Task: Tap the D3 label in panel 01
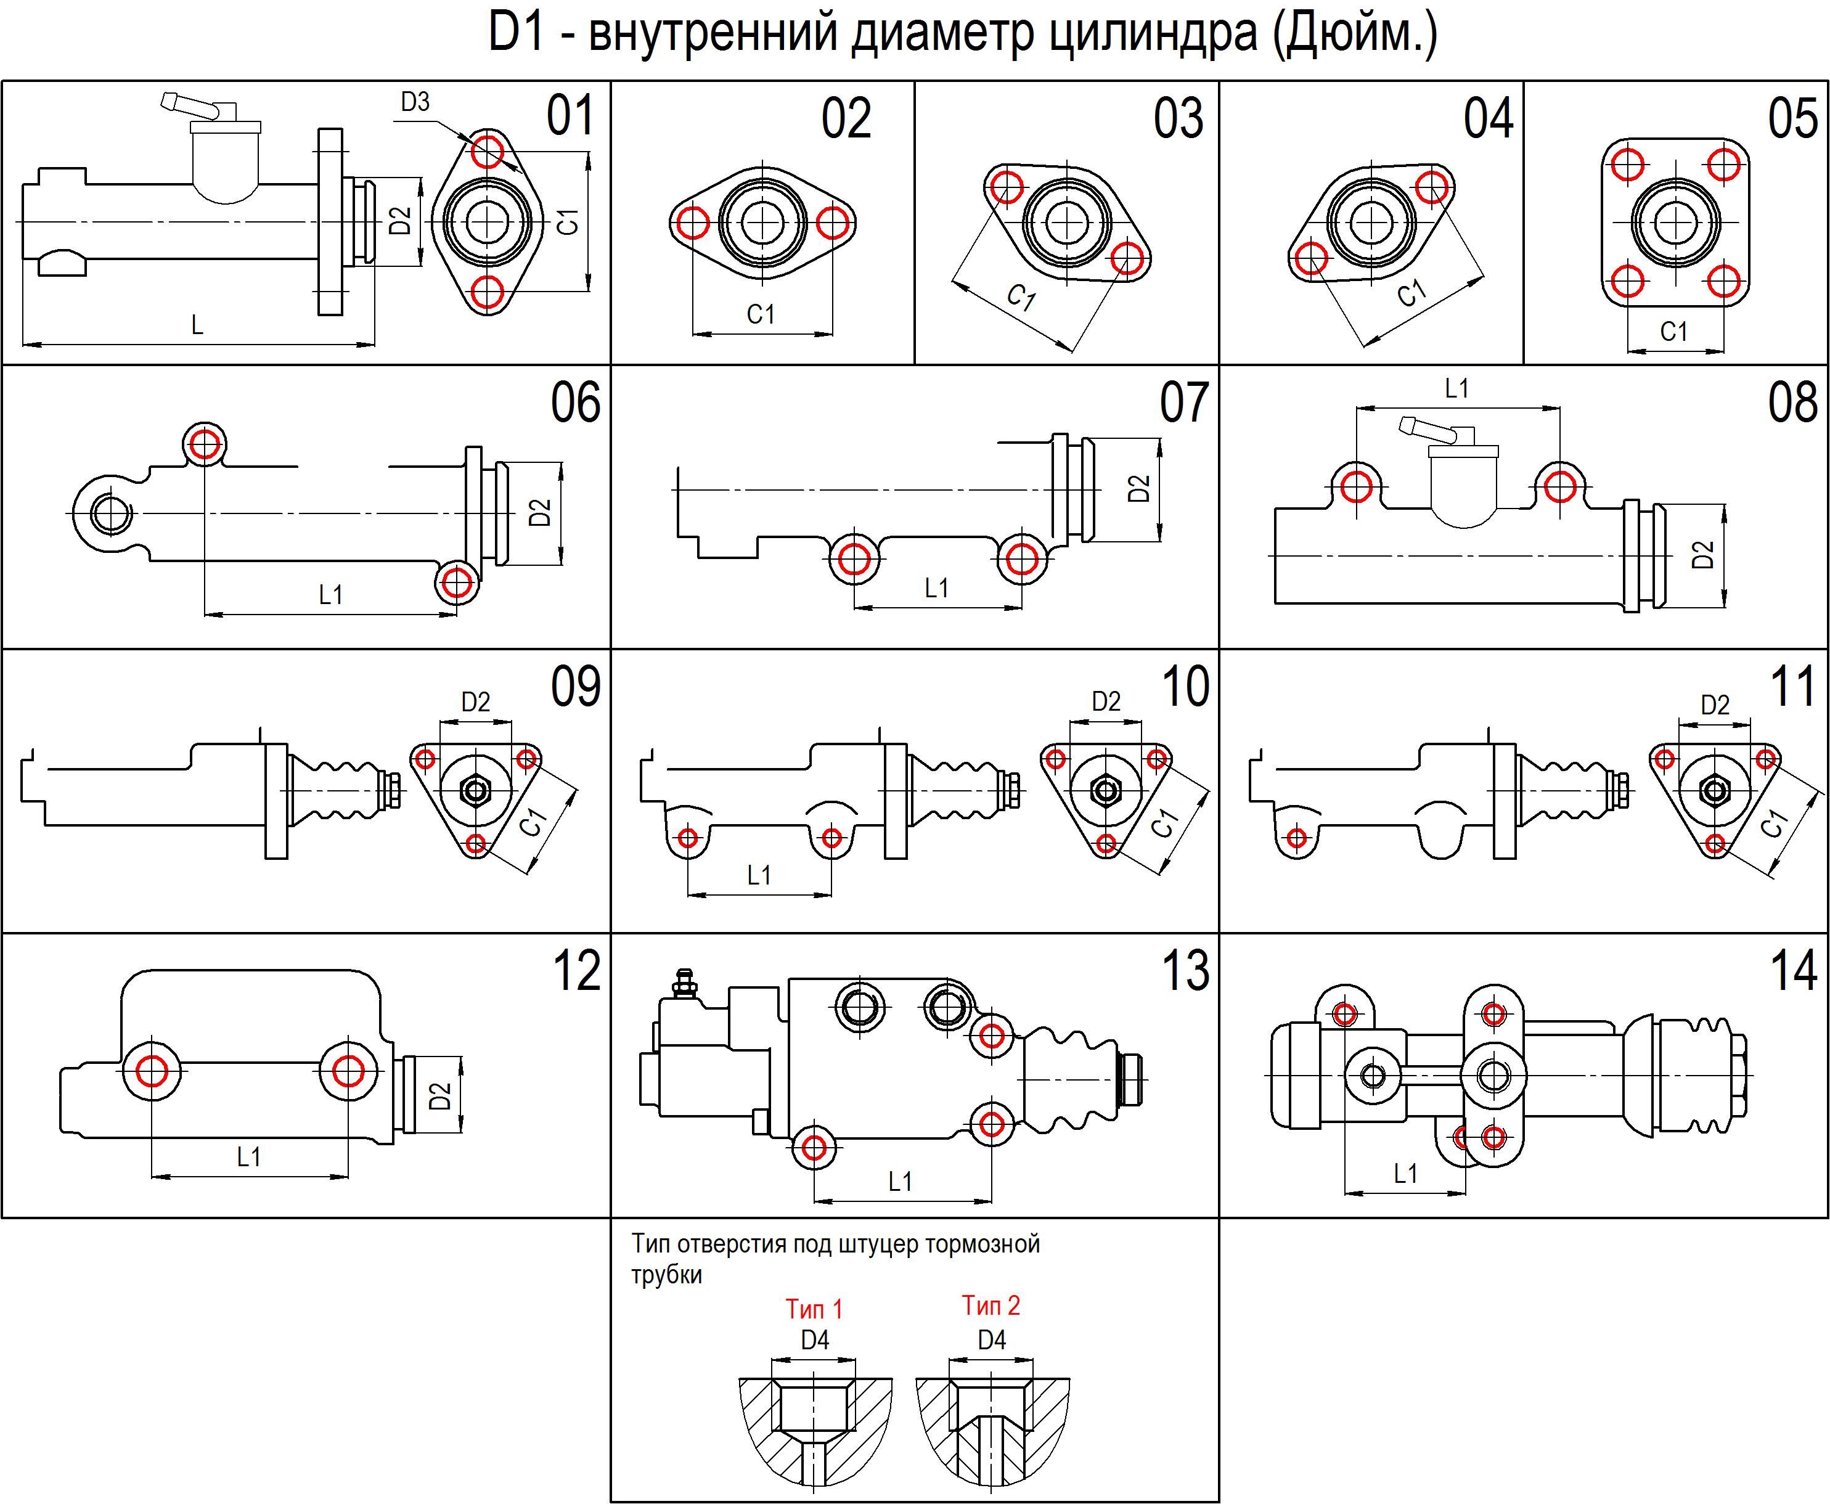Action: pos(415,102)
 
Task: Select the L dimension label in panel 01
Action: pos(198,325)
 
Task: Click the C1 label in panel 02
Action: pos(761,314)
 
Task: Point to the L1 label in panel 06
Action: pos(330,594)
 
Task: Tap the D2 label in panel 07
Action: pos(1140,489)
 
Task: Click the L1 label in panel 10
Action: pos(759,875)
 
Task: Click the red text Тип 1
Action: pos(814,1308)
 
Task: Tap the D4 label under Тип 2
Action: pos(991,1340)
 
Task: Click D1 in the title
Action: pos(517,33)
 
